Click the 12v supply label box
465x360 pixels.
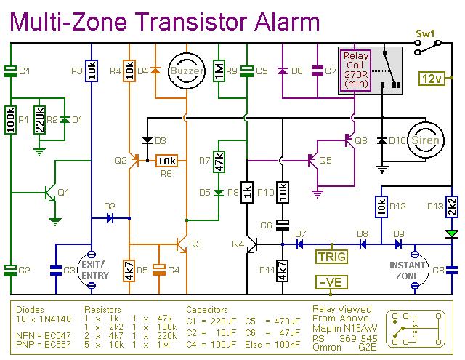coord(432,79)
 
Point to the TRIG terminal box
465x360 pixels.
coord(332,257)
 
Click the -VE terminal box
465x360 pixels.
coord(331,282)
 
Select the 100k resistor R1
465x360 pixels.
coord(11,119)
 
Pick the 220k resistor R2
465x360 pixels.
coord(39,119)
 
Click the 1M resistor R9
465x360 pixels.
coord(219,71)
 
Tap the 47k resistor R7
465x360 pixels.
coord(219,161)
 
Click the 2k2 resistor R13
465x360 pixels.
coord(452,207)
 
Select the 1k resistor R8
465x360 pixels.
coord(247,192)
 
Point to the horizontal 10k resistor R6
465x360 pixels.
coord(166,161)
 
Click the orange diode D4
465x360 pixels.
coord(155,71)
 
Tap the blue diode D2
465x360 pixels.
coord(110,218)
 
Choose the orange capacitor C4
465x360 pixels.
coord(158,270)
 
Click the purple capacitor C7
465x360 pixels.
coord(318,71)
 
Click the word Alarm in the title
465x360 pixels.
coord(287,22)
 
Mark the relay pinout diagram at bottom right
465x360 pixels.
coord(416,329)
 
